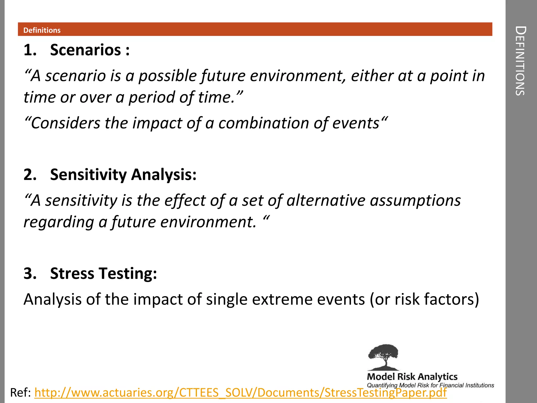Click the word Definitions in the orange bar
[x=42, y=30]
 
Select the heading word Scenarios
[x=85, y=50]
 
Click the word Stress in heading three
[x=72, y=273]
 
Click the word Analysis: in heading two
[x=164, y=175]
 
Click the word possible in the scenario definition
[x=168, y=76]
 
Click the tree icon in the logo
[x=383, y=357]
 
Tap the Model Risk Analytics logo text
[x=412, y=377]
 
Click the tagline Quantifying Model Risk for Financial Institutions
[x=430, y=385]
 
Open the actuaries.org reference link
[x=240, y=393]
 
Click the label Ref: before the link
[x=20, y=393]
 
